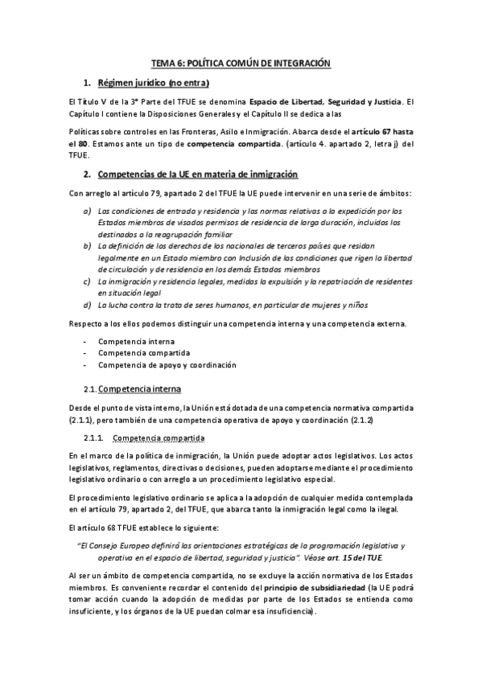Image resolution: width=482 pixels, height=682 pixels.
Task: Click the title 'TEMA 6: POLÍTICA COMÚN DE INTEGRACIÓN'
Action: pos(241,63)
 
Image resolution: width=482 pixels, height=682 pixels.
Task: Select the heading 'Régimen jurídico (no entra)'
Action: pos(153,83)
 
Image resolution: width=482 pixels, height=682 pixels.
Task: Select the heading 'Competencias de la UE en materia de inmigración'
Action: pos(197,175)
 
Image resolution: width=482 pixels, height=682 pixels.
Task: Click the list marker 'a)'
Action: pos(87,210)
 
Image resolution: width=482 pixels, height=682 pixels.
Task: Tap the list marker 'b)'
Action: pos(87,244)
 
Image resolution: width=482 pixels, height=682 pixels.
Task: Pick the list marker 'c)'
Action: pos(87,281)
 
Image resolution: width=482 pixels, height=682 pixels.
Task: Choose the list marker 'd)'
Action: pos(87,305)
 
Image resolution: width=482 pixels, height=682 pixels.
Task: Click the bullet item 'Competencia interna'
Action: pos(133,342)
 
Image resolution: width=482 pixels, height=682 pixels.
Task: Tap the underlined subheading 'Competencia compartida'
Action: pos(158,438)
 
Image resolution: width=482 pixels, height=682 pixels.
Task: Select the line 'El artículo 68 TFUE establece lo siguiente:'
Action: pos(147,505)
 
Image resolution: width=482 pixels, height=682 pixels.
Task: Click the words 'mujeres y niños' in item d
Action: pos(344,305)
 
